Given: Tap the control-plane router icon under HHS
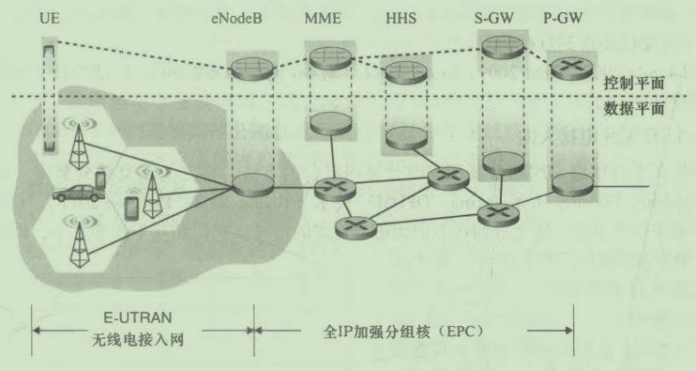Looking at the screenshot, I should (403, 70).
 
